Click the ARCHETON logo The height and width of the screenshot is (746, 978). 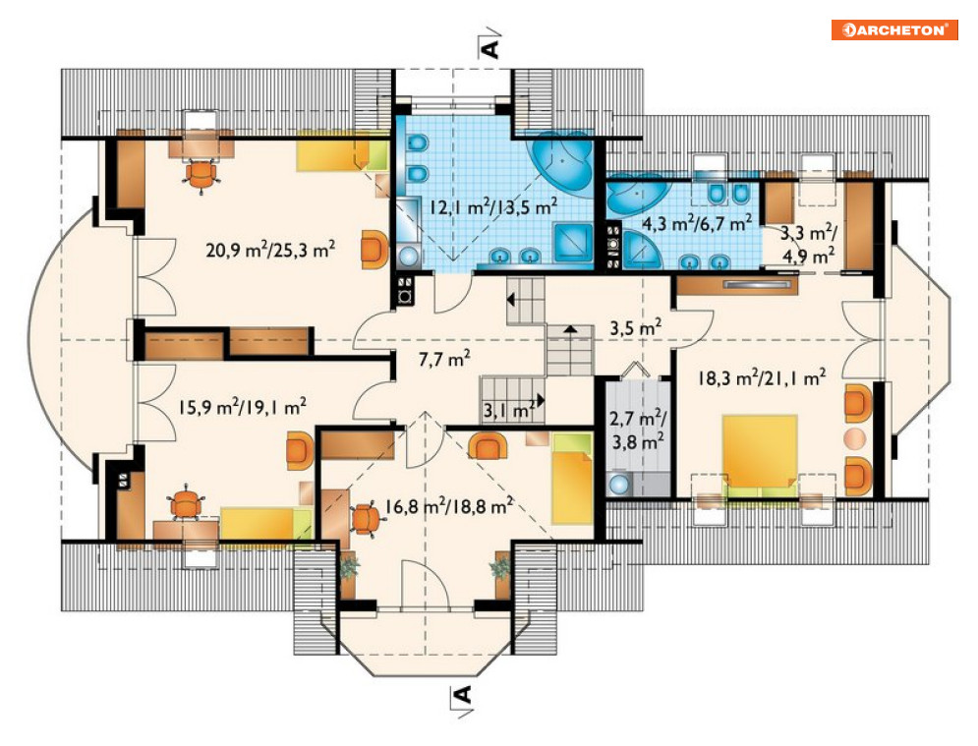point(893,29)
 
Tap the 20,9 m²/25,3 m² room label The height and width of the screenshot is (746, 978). point(270,250)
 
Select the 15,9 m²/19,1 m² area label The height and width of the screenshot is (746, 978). point(242,407)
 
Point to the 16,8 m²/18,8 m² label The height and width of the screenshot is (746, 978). point(448,505)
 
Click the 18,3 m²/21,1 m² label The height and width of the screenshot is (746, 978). point(762,377)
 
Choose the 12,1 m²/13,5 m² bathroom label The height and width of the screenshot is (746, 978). point(492,205)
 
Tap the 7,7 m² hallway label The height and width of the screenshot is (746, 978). point(444,359)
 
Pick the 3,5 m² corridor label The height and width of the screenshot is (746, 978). point(635,327)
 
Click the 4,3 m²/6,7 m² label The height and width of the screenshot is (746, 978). point(697,223)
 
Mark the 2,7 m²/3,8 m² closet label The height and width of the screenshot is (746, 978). point(638,430)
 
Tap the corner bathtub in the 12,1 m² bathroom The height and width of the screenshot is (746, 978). point(562,163)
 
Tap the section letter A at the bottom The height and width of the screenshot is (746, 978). point(462,694)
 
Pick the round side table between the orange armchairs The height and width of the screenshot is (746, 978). point(855,438)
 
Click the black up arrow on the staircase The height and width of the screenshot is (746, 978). point(570,328)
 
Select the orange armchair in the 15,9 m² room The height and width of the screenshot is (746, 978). point(300,450)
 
